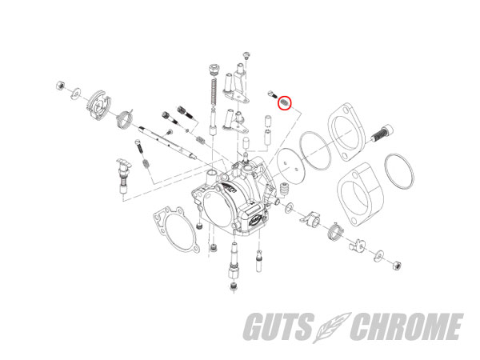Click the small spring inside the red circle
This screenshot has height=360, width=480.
click(x=284, y=102)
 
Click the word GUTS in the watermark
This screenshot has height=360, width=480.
click(x=278, y=326)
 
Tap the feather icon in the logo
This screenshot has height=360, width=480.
click(x=332, y=327)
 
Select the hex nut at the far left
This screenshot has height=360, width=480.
click(x=60, y=86)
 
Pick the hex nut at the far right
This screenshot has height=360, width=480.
click(x=397, y=266)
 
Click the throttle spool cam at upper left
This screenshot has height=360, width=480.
click(x=98, y=105)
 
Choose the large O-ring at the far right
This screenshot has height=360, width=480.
click(x=399, y=170)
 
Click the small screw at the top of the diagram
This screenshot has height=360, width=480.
click(x=246, y=56)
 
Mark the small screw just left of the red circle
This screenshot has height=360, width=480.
click(x=272, y=94)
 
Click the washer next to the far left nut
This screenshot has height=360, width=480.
click(x=75, y=94)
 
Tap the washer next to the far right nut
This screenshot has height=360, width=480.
click(x=379, y=256)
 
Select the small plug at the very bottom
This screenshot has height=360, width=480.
click(x=234, y=287)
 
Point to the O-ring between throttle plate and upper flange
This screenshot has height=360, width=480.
click(x=315, y=150)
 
